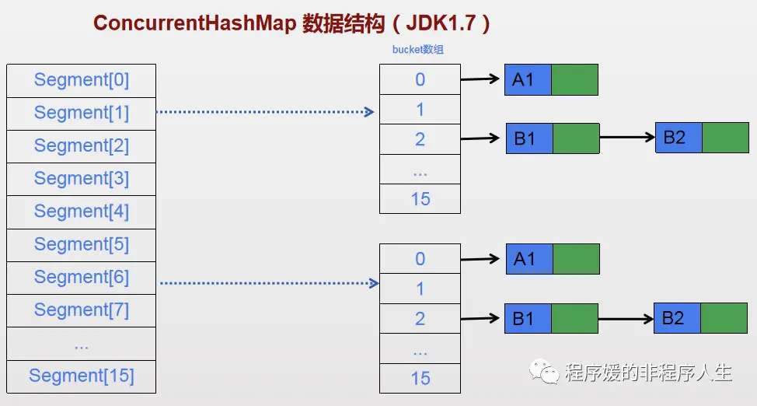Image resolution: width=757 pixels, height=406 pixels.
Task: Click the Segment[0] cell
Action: coord(81,80)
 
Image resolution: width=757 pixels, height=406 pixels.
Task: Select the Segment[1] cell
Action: coord(81,113)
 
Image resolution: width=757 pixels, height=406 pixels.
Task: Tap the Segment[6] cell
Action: coord(81,278)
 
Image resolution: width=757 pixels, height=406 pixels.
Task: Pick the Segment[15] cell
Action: coord(81,376)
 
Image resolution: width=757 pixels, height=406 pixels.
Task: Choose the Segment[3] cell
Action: coord(81,179)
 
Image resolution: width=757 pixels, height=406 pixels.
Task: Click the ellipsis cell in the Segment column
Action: coord(81,344)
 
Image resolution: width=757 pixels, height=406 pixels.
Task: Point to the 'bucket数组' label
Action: coord(418,50)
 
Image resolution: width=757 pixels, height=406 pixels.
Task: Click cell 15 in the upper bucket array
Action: coord(420,199)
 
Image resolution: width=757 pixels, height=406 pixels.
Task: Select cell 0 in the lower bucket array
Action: coord(420,259)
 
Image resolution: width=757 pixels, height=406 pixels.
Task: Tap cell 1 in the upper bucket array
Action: coord(420,110)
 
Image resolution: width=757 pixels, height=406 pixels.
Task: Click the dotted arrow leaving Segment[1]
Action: coord(264,112)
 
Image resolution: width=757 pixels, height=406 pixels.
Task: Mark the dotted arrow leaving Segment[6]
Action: coord(268,283)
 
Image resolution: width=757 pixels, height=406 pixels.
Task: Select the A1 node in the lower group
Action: coord(529,259)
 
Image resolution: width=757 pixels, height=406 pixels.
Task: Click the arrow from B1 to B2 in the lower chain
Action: coord(626,319)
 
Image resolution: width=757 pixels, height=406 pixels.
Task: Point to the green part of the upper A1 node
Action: coord(574,80)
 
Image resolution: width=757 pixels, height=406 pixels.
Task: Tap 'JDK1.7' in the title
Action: coord(442,23)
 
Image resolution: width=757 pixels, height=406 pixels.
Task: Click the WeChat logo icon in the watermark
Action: coord(544,373)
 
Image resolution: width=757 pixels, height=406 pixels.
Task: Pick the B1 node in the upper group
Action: coord(529,138)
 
